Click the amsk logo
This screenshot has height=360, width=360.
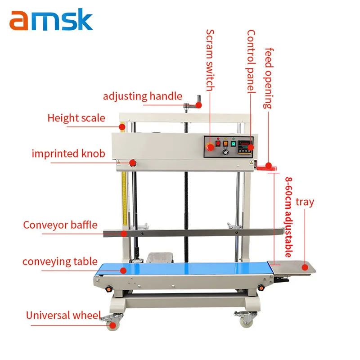click(51, 20)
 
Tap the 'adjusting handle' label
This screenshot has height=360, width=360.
click(142, 96)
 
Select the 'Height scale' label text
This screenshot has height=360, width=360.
click(76, 118)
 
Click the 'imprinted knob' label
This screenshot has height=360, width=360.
click(68, 153)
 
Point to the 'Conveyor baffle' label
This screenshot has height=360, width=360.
click(60, 225)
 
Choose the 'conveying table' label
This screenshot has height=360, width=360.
click(60, 261)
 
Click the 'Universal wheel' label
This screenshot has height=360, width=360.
click(63, 315)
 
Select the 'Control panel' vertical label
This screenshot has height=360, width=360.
click(251, 61)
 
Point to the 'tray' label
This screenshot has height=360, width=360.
click(305, 202)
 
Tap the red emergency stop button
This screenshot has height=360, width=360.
click(210, 147)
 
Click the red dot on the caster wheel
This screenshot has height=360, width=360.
click(113, 325)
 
